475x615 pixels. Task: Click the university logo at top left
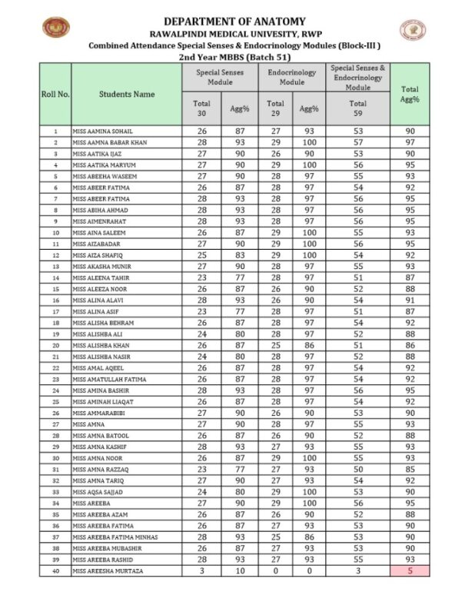click(55, 29)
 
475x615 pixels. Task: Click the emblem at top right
click(413, 30)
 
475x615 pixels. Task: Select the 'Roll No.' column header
click(55, 94)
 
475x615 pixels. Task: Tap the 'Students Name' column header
click(127, 94)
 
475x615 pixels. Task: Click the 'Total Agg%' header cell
click(410, 94)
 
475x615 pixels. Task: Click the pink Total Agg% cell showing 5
click(410, 571)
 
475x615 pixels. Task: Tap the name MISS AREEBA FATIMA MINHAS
click(115, 537)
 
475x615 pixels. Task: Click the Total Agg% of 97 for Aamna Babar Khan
click(410, 142)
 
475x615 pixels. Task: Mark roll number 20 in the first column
click(55, 345)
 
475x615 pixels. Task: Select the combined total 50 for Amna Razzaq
click(358, 469)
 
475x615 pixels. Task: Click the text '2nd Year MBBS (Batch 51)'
click(234, 57)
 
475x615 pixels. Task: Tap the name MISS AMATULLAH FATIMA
click(110, 379)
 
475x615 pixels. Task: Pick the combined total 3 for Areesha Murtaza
click(358, 571)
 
